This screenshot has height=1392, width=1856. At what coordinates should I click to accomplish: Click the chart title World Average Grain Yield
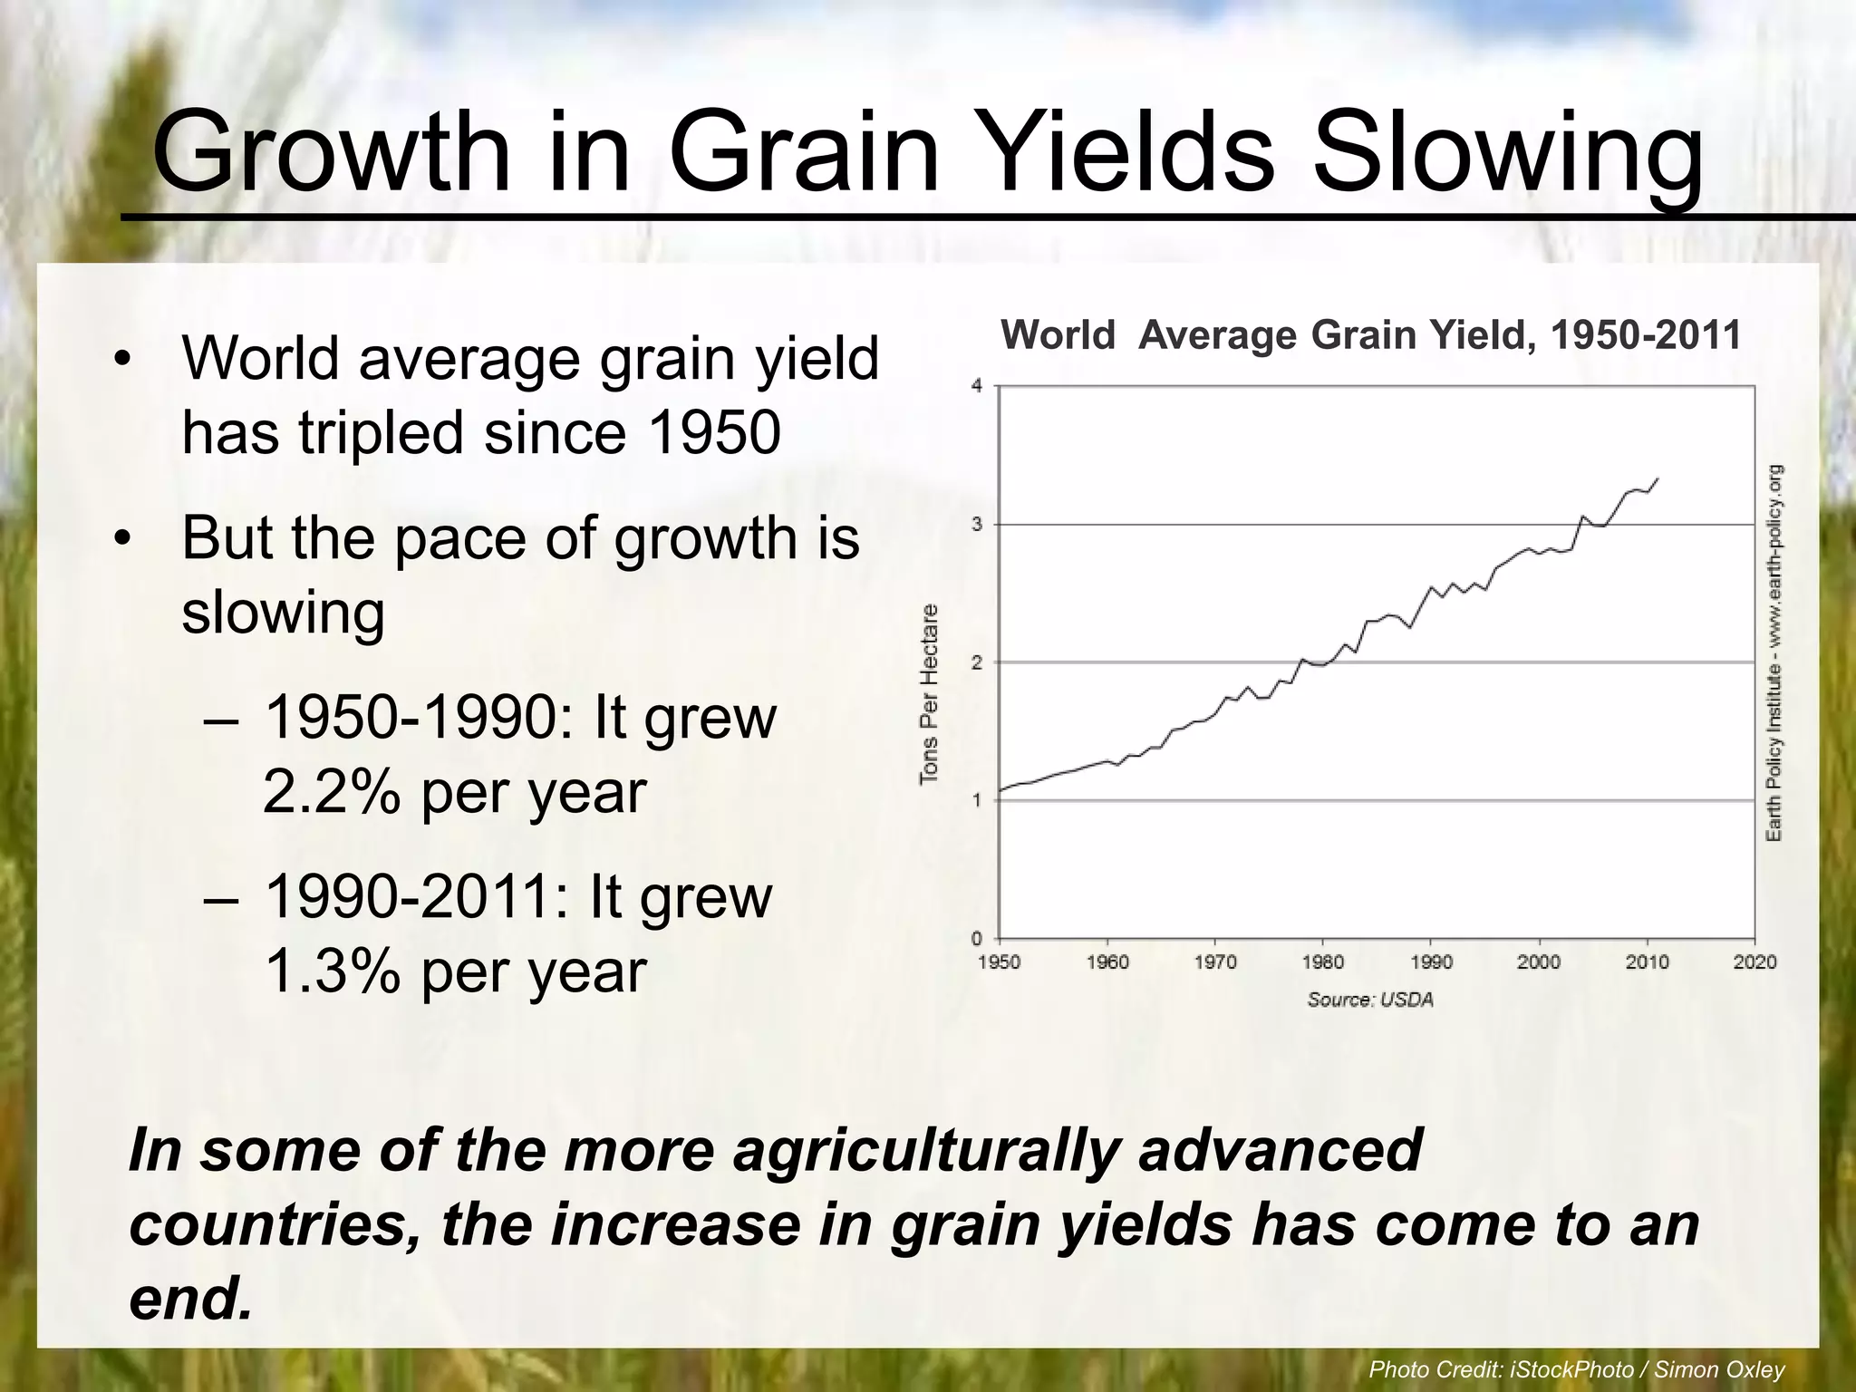pos(1370,335)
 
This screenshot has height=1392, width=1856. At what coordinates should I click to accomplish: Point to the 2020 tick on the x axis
pos(1754,962)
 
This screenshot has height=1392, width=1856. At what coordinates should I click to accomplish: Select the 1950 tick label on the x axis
pos(999,962)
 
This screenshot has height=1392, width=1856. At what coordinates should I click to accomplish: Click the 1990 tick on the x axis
pos(1431,962)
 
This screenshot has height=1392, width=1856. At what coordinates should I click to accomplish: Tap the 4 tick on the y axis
pos(977,386)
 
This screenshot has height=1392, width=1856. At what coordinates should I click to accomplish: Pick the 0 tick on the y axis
pos(977,939)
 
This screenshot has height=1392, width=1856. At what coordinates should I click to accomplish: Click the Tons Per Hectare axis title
pos(929,693)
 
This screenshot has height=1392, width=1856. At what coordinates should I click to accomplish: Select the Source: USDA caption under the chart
pos(1370,1000)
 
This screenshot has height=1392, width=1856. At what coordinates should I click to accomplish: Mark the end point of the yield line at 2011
pos(1658,478)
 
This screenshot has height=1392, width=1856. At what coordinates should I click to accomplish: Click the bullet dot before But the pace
pos(123,539)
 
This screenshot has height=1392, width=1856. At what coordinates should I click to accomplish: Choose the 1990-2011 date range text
pos(416,897)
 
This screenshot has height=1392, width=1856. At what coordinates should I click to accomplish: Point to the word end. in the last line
pos(190,1300)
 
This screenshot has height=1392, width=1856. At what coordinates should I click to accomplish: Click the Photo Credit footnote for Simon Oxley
pos(1576,1369)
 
